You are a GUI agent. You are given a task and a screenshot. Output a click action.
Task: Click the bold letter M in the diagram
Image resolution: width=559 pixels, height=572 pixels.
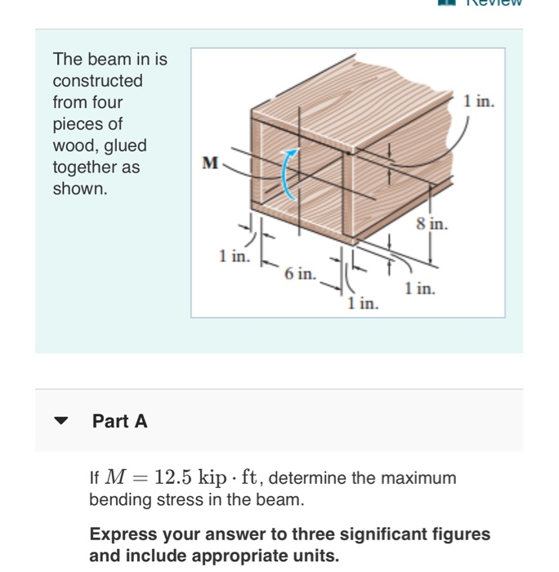[x=210, y=163]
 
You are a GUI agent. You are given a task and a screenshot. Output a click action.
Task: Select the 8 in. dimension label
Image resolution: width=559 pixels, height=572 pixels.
[x=432, y=224]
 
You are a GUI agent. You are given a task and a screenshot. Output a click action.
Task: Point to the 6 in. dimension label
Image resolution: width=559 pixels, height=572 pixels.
[x=300, y=274]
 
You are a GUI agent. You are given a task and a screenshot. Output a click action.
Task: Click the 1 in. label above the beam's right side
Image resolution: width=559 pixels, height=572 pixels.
[x=478, y=101]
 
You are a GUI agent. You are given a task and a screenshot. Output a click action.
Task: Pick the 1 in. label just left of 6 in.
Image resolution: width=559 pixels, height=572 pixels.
[x=235, y=256]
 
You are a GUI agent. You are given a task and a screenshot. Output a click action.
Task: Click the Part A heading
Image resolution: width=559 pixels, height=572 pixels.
[x=120, y=422]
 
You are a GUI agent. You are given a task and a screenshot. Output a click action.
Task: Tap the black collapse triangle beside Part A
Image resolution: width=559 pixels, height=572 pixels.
[x=62, y=422]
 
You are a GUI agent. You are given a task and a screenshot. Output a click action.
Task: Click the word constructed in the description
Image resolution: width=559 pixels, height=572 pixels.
[x=97, y=81]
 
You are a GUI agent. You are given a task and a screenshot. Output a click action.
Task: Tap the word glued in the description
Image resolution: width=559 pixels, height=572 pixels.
[x=125, y=145]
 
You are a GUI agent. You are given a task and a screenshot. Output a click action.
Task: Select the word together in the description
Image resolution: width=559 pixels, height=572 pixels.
[x=85, y=168]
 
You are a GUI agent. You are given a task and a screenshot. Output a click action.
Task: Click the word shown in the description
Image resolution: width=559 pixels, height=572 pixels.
[x=79, y=189]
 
